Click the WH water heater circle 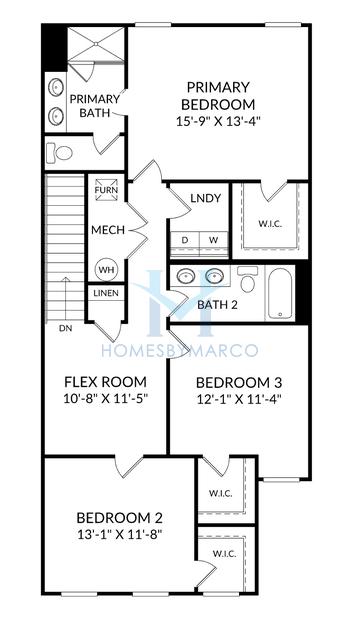click(x=106, y=270)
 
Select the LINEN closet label click(x=106, y=293)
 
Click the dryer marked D click(x=185, y=240)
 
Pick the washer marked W click(x=214, y=240)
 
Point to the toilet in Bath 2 click(x=248, y=280)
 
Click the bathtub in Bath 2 click(x=280, y=293)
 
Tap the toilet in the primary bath click(x=60, y=153)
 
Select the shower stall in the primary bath click(x=96, y=44)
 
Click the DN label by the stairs click(x=65, y=329)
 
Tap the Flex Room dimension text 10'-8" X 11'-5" click(x=106, y=399)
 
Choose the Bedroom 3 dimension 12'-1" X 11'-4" click(x=239, y=399)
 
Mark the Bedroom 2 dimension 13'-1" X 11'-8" click(x=119, y=535)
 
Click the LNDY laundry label click(x=206, y=198)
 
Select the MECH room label click(x=108, y=230)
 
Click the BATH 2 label click(x=217, y=305)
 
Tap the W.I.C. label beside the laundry click(x=270, y=224)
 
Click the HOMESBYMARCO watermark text click(x=180, y=350)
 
